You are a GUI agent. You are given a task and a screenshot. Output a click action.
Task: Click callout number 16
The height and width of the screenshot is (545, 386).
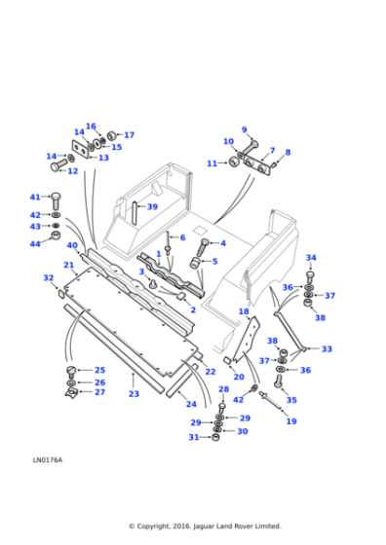click(91, 127)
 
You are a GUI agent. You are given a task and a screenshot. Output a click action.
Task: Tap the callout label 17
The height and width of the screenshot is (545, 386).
click(129, 135)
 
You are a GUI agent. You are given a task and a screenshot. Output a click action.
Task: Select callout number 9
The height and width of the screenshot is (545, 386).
click(245, 129)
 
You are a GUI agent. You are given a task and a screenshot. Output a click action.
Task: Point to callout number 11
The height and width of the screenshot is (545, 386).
click(212, 163)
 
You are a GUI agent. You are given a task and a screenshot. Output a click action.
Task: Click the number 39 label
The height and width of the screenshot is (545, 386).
click(151, 207)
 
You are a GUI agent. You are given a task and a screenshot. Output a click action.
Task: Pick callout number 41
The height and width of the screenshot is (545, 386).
click(35, 198)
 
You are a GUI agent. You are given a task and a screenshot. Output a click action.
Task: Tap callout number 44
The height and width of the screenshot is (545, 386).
click(35, 243)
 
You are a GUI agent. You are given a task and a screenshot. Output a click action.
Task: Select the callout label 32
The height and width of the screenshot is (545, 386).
click(48, 278)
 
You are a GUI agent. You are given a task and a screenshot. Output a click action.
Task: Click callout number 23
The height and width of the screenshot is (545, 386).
click(134, 394)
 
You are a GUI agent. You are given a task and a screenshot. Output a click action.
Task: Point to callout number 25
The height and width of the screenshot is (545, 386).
click(99, 370)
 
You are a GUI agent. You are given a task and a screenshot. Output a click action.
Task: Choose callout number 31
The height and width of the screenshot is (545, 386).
click(194, 437)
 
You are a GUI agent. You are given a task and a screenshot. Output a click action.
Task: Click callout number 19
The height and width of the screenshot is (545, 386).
click(290, 421)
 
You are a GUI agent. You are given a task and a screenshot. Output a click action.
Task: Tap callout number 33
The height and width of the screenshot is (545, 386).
click(327, 348)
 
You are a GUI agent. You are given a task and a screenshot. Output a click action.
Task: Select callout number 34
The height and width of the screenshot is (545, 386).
click(311, 258)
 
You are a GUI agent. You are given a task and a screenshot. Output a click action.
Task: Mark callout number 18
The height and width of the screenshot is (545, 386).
click(244, 311)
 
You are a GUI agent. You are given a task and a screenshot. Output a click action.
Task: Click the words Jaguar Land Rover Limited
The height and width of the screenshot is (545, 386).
click(231, 526)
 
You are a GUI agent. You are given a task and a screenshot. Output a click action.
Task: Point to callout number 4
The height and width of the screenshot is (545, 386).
click(222, 243)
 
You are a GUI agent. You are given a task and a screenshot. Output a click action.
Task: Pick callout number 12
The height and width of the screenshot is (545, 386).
click(72, 171)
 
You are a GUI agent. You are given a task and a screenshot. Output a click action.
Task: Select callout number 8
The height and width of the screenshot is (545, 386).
click(288, 153)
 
